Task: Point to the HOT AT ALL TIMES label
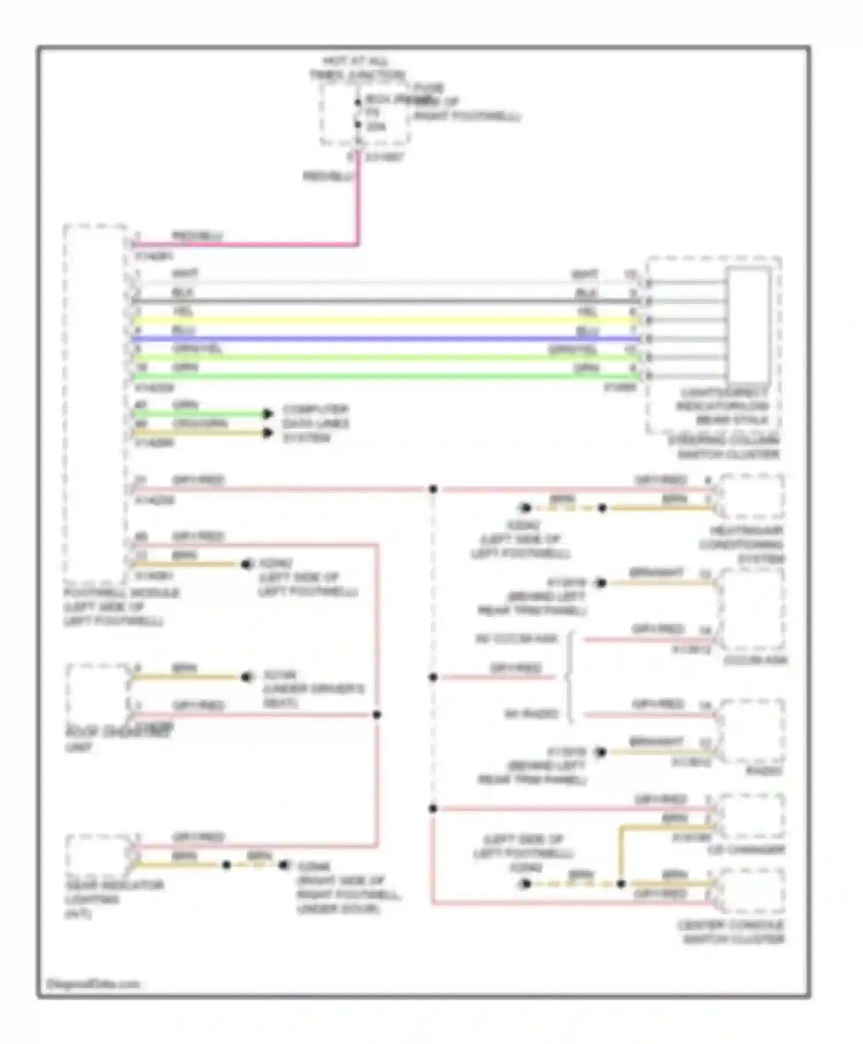click(356, 68)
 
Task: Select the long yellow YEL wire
click(385, 321)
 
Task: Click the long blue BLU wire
click(385, 339)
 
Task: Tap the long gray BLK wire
click(385, 302)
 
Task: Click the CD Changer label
click(746, 850)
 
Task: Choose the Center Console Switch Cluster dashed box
click(751, 892)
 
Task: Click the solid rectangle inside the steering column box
click(748, 325)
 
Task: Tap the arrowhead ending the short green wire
click(268, 414)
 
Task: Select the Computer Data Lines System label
click(315, 424)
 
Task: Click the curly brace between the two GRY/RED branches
click(570, 677)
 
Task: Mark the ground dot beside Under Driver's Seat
click(247, 677)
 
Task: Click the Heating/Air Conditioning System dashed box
click(751, 497)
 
